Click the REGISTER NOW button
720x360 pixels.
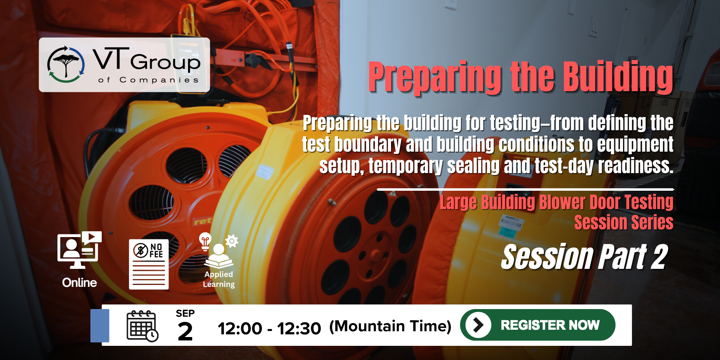click(x=538, y=325)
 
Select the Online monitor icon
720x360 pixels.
click(x=79, y=250)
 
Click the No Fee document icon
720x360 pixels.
click(x=149, y=264)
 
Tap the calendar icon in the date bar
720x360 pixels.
click(x=142, y=326)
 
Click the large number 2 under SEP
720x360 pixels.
click(x=185, y=331)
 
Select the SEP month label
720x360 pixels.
click(x=185, y=313)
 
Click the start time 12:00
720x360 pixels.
click(x=240, y=329)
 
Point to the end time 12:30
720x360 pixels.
click(x=299, y=329)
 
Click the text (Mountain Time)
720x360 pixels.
click(x=390, y=326)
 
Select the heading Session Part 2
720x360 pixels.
click(x=585, y=257)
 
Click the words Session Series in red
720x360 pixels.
click(x=624, y=223)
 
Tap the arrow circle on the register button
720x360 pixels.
click(x=478, y=325)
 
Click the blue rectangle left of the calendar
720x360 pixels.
click(x=100, y=326)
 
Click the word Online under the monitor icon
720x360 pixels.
click(x=80, y=283)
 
